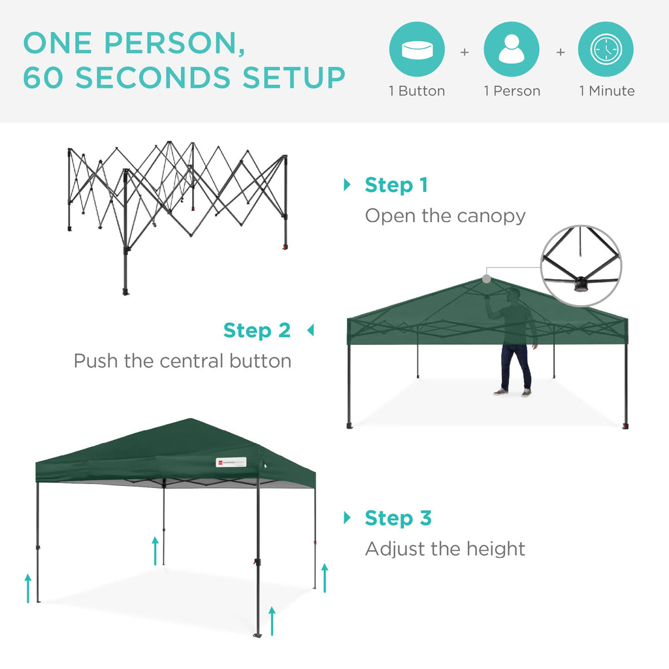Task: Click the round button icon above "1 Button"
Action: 417,50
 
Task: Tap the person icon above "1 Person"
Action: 511,50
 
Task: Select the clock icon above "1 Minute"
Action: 606,50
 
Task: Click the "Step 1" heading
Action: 396,185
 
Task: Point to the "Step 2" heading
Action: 257,331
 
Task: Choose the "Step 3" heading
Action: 398,518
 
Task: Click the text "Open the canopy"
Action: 445,216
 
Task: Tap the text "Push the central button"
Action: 182,361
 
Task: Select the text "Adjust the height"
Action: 445,549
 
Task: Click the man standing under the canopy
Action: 515,343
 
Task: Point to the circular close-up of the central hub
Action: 581,266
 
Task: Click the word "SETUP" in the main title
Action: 294,78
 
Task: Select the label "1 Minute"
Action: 606,91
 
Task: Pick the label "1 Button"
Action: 417,91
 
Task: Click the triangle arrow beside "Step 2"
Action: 310,331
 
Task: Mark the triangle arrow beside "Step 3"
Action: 347,518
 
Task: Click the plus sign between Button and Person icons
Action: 465,52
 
